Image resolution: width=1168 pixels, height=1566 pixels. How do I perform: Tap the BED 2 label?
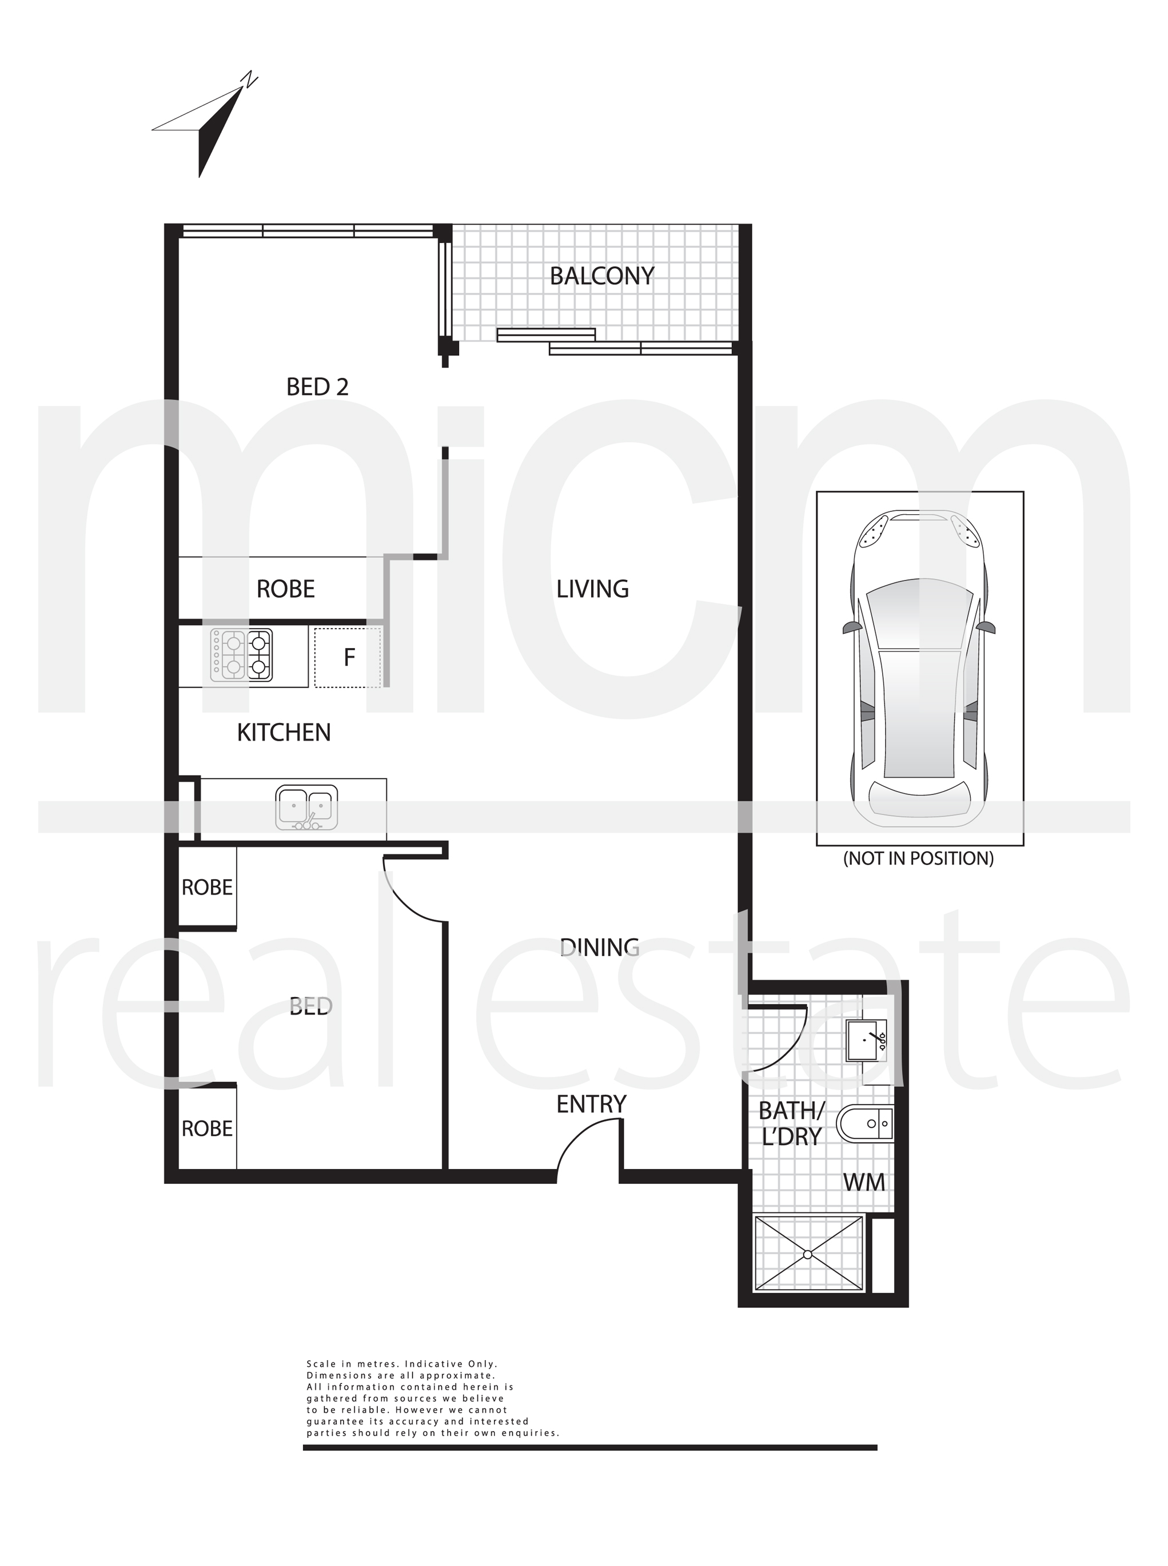[x=317, y=387]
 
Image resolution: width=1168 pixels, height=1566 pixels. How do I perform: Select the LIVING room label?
[x=592, y=589]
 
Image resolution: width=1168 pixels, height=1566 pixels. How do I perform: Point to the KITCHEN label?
[x=284, y=733]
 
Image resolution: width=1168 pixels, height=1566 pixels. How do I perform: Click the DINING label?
[x=600, y=947]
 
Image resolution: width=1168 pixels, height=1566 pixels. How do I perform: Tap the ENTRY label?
[x=591, y=1104]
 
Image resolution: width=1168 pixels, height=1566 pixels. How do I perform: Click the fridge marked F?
[x=348, y=658]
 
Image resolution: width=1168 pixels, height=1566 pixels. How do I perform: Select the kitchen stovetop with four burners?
[x=242, y=655]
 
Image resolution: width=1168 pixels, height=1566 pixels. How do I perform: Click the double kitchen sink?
[x=306, y=807]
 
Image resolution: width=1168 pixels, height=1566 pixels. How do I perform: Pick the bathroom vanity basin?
[x=867, y=1040]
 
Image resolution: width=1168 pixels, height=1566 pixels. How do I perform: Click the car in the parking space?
[x=919, y=669]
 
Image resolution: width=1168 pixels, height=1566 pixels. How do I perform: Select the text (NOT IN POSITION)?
[x=918, y=858]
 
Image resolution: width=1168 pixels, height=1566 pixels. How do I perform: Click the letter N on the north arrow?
[x=248, y=80]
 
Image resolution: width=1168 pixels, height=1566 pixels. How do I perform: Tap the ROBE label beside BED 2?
[x=285, y=589]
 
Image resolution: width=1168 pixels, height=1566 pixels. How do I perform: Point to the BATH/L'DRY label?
[x=791, y=1124]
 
